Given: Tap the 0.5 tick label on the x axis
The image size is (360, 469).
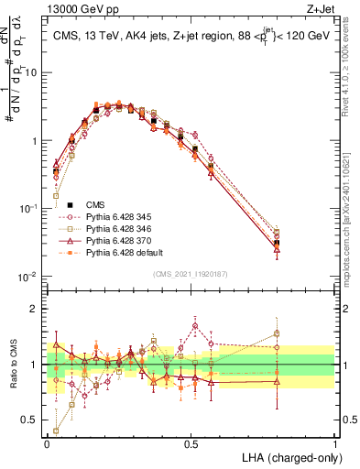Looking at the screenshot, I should (x=191, y=443).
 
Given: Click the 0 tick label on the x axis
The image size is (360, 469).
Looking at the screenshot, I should (x=47, y=443).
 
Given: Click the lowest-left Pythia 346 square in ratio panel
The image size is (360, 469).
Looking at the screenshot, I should (x=56, y=431).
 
